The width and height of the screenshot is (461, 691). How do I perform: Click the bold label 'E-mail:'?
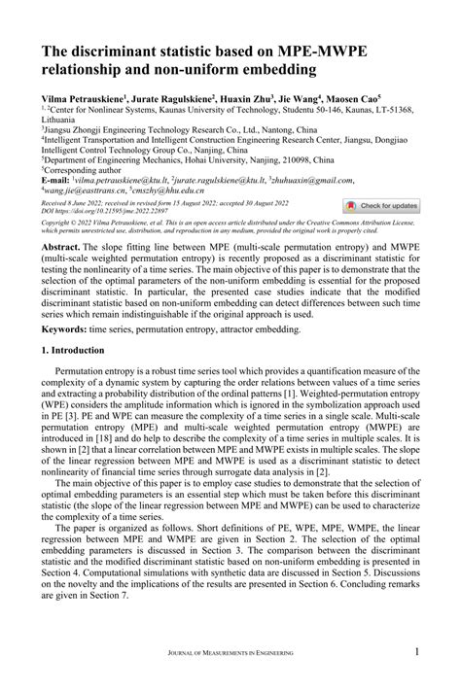pyautogui.click(x=55, y=181)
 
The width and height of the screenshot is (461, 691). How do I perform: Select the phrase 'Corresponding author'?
pyautogui.click(x=85, y=170)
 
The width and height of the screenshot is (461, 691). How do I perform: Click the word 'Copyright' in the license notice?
pyautogui.click(x=59, y=223)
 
